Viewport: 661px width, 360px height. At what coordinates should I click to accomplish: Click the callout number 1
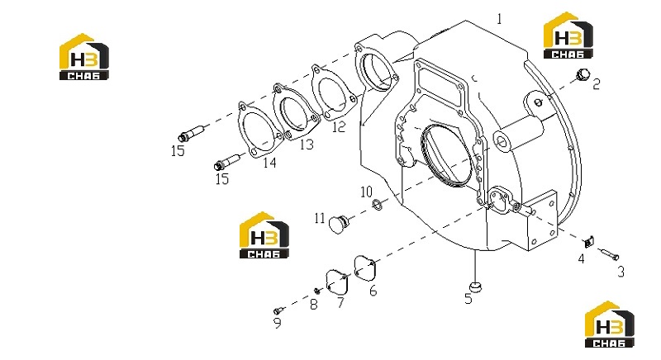coord(500,19)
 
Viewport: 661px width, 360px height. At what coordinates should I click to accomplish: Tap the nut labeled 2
coord(583,75)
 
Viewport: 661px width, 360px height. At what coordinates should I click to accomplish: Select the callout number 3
coord(621,272)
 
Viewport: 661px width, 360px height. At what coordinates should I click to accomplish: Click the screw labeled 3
coord(608,253)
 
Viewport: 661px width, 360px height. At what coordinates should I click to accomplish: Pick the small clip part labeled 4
coord(588,241)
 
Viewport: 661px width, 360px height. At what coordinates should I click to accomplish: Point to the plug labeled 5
coord(476,287)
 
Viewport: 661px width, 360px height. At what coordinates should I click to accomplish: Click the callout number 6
coord(373,291)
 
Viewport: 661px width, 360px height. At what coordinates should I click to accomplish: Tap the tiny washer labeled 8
coord(317,291)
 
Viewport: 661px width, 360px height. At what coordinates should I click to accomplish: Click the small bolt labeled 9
coord(278,310)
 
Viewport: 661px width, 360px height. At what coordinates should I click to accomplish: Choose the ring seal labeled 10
coord(378,205)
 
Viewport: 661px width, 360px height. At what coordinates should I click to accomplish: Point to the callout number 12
coord(339,126)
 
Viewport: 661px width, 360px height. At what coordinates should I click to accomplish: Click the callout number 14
coord(269,162)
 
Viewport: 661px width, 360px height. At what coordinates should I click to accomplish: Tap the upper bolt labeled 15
coord(192,133)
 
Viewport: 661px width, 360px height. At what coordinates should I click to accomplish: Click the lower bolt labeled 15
coord(229,161)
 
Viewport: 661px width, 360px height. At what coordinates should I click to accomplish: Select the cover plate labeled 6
coord(365,267)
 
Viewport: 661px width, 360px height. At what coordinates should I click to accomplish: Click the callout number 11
coord(320,218)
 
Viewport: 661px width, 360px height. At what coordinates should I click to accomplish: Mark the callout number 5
coord(468,299)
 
